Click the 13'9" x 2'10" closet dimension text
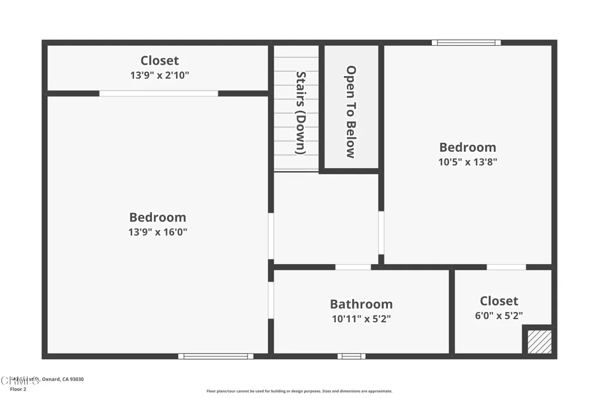(159, 75)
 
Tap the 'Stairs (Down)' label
(301, 113)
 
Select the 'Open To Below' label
(350, 112)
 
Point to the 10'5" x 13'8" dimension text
(467, 162)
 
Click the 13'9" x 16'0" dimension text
(158, 232)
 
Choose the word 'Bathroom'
(361, 304)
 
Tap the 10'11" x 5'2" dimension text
(361, 319)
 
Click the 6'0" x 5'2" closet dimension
(499, 315)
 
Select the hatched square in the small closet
(539, 342)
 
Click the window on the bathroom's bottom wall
(351, 356)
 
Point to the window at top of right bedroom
(466, 43)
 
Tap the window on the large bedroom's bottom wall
(216, 356)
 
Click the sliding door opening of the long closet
(159, 93)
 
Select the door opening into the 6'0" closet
(506, 267)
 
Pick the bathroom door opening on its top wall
(353, 267)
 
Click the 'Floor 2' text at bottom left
(19, 389)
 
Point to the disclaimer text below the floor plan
(299, 391)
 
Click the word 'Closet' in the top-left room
(159, 61)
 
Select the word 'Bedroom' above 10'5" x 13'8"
(467, 147)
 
